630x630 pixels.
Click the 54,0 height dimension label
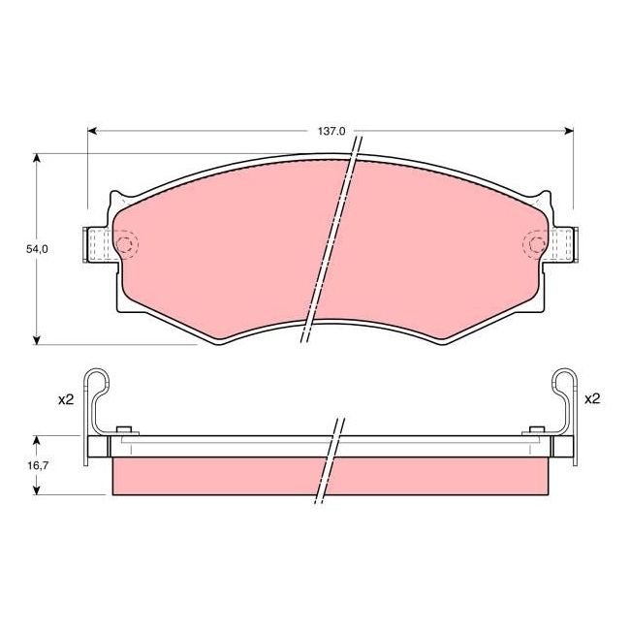coord(37,249)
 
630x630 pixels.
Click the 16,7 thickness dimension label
coord(35,465)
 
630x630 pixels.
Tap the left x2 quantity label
coord(66,399)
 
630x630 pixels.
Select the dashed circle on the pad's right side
coord(534,244)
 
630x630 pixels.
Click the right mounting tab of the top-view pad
coord(565,244)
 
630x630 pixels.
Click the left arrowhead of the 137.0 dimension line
coord(93,130)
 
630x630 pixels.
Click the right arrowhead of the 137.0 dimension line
coord(569,130)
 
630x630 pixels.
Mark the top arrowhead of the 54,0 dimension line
coord(37,157)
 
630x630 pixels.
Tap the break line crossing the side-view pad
coord(330,463)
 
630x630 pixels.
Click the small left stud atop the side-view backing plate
coord(123,430)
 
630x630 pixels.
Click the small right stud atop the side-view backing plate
coord(533,430)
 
